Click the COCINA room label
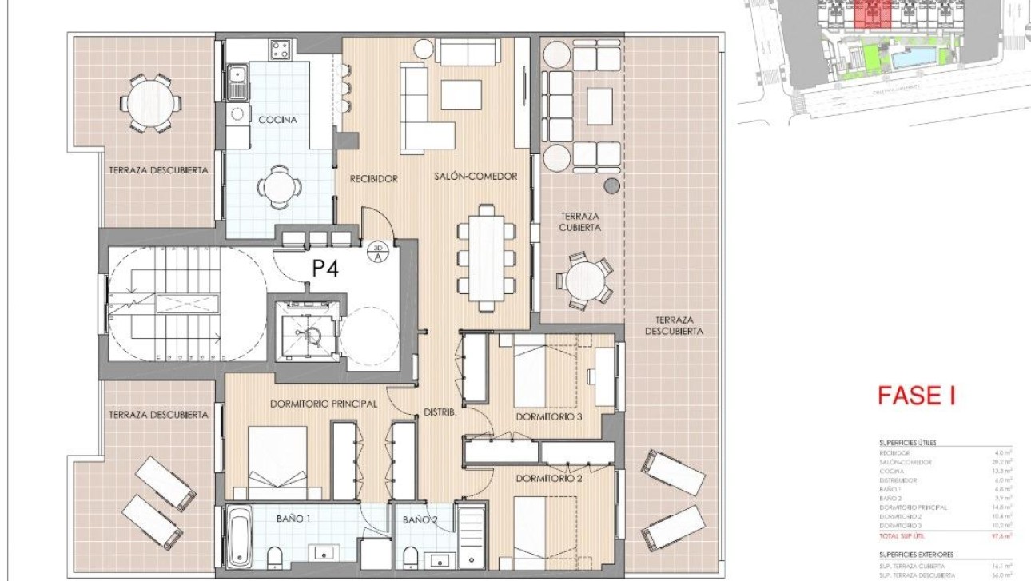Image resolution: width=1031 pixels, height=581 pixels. point(277,120)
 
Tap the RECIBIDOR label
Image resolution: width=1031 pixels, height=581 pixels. point(373,178)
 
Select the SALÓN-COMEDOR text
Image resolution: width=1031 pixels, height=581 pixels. point(476,177)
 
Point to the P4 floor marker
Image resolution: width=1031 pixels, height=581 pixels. point(325,269)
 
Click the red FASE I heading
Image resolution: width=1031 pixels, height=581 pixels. point(916,396)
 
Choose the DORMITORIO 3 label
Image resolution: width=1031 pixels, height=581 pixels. point(547,416)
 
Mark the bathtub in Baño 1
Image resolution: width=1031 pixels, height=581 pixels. point(240,539)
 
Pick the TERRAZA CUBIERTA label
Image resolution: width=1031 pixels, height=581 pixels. point(580,221)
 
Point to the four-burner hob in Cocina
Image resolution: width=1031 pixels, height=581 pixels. point(280,50)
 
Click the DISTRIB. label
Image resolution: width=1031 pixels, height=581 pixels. point(440,413)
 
